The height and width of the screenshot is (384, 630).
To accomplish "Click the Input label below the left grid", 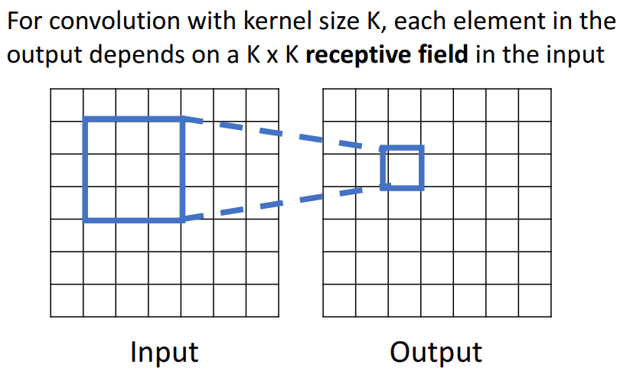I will [164, 353].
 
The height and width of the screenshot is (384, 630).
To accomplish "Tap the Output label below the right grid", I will [436, 353].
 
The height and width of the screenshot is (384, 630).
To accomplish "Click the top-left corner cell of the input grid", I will [67, 105].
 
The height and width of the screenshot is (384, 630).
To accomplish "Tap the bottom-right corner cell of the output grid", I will [534, 300].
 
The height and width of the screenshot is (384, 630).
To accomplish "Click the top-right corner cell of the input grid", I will [262, 105].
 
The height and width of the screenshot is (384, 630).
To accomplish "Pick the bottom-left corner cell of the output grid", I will [339, 300].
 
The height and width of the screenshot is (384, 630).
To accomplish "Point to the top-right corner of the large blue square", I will [182, 119].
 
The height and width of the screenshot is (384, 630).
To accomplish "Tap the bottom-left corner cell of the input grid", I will [67, 300].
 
